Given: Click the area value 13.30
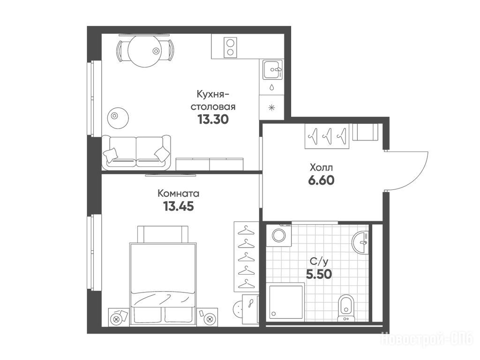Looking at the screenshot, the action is tap(213, 119).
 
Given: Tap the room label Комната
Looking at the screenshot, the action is tap(178, 194).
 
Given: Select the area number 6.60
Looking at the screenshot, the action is tap(321, 180).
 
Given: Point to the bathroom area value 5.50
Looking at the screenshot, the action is tap(319, 274).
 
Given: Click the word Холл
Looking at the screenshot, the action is tap(321, 168).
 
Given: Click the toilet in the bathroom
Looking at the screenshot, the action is tap(346, 307).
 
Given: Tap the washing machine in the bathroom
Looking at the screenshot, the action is tap(279, 235).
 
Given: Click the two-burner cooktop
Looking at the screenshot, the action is tap(230, 47).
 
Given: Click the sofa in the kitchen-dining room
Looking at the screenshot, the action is tap(136, 152).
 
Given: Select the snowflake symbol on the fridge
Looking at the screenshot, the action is tap(271, 107).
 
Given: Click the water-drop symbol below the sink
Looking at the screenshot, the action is tap(272, 87).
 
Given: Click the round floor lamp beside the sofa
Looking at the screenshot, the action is tap(118, 118).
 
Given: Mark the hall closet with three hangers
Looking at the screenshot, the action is tap(327, 136).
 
